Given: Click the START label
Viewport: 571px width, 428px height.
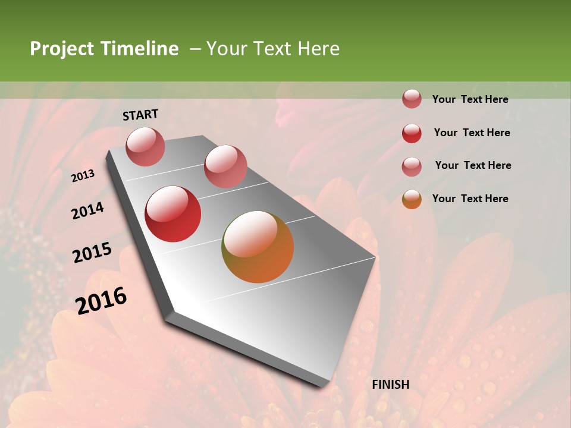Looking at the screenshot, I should coord(140,115).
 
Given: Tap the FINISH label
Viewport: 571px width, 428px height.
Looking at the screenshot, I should coord(391,385).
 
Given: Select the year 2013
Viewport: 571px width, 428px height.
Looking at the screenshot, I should coord(83,175).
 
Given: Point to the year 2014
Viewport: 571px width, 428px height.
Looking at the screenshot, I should coord(87,210).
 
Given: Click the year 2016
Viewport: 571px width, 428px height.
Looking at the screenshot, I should coord(101,300).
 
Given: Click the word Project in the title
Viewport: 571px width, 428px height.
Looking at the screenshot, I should coord(62,49).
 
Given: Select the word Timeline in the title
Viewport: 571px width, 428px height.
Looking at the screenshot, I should coord(139,49).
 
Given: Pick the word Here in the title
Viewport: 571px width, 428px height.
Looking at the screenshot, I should coord(318,49).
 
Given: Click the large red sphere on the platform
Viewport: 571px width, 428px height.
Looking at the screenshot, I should coord(173,214).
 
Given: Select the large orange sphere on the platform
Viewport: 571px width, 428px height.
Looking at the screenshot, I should coord(258,247).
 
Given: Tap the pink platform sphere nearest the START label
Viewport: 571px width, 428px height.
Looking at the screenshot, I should coord(146,146).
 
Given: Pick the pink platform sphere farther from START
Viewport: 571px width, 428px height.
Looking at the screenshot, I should coord(225,166).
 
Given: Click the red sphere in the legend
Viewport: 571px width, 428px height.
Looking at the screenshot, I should coord(412,133).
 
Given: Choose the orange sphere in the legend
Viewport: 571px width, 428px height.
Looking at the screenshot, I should coord(412,199).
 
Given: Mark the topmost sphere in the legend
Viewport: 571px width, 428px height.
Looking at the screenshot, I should coord(412,99).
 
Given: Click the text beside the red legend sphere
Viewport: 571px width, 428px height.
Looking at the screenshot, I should coord(472,133).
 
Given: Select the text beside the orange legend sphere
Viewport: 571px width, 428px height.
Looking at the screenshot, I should coord(470,199).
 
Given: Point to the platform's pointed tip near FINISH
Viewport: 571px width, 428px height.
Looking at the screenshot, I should coord(324,385).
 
